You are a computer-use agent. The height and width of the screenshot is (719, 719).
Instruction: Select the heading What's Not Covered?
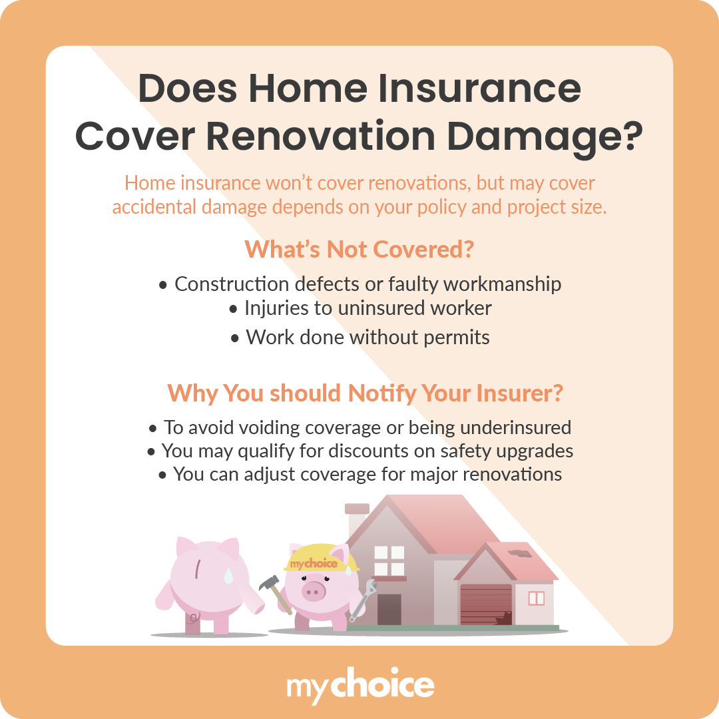(359, 248)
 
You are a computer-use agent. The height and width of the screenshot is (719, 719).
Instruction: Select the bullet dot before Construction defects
(163, 285)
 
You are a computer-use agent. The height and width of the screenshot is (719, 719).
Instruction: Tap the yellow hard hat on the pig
(321, 559)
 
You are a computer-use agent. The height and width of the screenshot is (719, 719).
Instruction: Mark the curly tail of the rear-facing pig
(193, 616)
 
